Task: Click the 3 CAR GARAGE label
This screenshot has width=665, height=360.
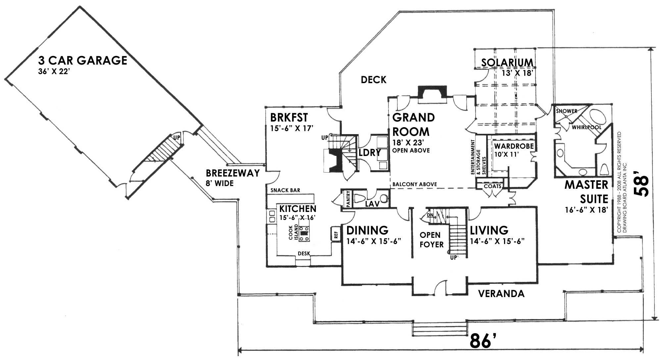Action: tap(82, 61)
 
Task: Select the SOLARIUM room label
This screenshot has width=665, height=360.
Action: tap(507, 63)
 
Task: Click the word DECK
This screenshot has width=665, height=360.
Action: tap(374, 80)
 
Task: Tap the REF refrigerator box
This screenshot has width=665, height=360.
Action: tap(335, 234)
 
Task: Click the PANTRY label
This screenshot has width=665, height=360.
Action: tap(348, 199)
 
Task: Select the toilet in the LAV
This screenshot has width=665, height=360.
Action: tap(360, 198)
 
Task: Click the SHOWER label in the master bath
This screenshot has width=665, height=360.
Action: tap(566, 111)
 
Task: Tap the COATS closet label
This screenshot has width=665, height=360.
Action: tap(492, 186)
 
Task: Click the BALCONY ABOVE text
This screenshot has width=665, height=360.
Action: tap(414, 184)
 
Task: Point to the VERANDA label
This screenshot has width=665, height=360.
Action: tap(501, 294)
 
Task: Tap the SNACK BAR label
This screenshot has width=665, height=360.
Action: tap(285, 190)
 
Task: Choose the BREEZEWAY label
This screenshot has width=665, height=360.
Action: tap(232, 173)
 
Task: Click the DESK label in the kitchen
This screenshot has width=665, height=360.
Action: tap(304, 254)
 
